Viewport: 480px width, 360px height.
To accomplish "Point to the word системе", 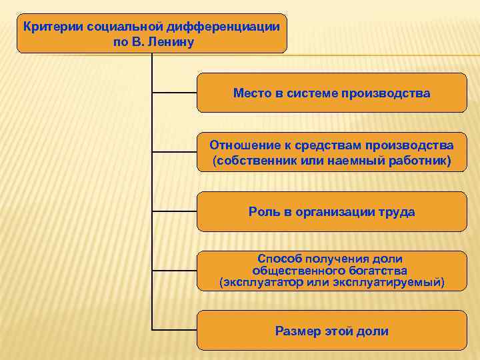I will [312, 93].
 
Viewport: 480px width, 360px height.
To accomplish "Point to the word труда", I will [398, 212].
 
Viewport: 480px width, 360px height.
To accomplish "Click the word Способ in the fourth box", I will [278, 258].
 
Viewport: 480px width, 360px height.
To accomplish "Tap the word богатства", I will [375, 270].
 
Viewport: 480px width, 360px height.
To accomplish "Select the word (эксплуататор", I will [261, 282].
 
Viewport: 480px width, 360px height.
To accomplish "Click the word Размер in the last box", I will [298, 331].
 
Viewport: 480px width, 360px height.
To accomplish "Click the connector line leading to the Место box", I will [175, 92].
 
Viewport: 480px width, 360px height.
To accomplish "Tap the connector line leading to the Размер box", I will [175, 329].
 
